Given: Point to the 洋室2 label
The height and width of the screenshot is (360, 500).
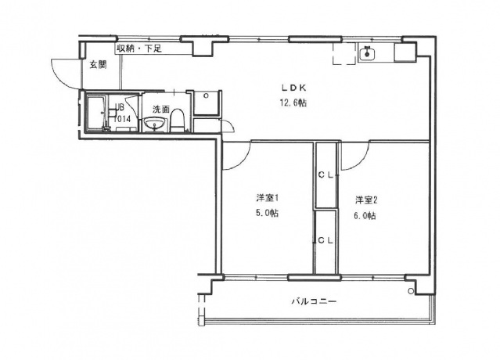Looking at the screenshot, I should [x=365, y=200].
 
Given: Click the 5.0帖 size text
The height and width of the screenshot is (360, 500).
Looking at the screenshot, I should [x=267, y=213].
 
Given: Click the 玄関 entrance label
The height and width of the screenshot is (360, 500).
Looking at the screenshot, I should [x=96, y=64].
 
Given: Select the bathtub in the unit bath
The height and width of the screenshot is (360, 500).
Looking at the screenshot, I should [x=97, y=114].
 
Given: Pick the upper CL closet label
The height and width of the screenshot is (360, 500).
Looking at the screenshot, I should [x=326, y=175].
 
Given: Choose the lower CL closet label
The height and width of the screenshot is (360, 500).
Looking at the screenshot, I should [x=326, y=241].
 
